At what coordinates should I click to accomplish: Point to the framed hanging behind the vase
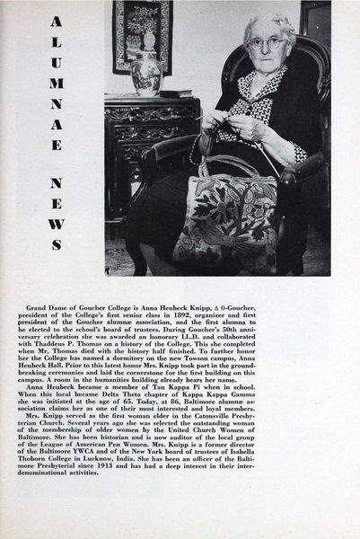142,31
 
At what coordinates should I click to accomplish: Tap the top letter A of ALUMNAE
57,20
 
